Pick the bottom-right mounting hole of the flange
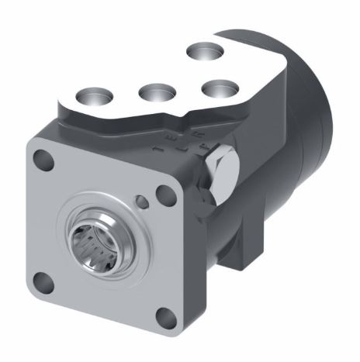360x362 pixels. (x=164, y=315)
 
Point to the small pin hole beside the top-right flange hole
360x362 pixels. (x=141, y=202)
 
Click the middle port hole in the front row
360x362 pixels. (x=152, y=93)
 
